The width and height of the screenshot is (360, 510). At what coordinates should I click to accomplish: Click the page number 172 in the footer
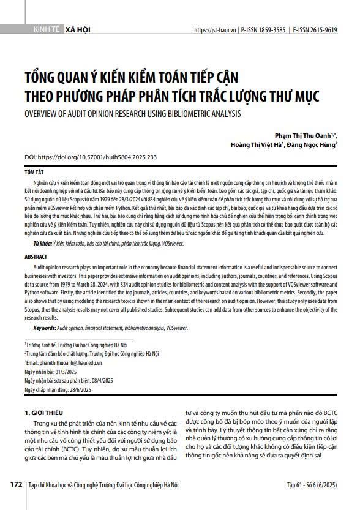16,484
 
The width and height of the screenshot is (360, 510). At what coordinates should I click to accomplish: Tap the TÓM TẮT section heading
35,174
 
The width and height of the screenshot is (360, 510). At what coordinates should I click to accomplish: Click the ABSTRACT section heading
36,257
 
